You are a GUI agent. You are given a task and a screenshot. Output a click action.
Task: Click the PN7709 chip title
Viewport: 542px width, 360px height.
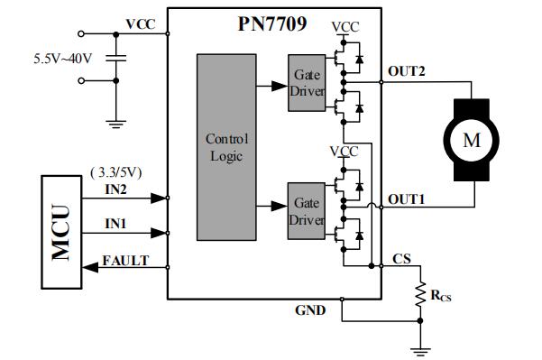point(269,22)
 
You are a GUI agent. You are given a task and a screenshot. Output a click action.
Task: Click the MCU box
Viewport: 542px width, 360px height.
point(60,230)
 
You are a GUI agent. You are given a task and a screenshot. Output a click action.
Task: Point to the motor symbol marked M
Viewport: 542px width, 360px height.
point(472,139)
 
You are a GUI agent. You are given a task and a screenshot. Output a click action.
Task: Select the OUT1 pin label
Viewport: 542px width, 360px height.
point(406,198)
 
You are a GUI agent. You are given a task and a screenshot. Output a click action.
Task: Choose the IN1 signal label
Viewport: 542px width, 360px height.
point(115,221)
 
